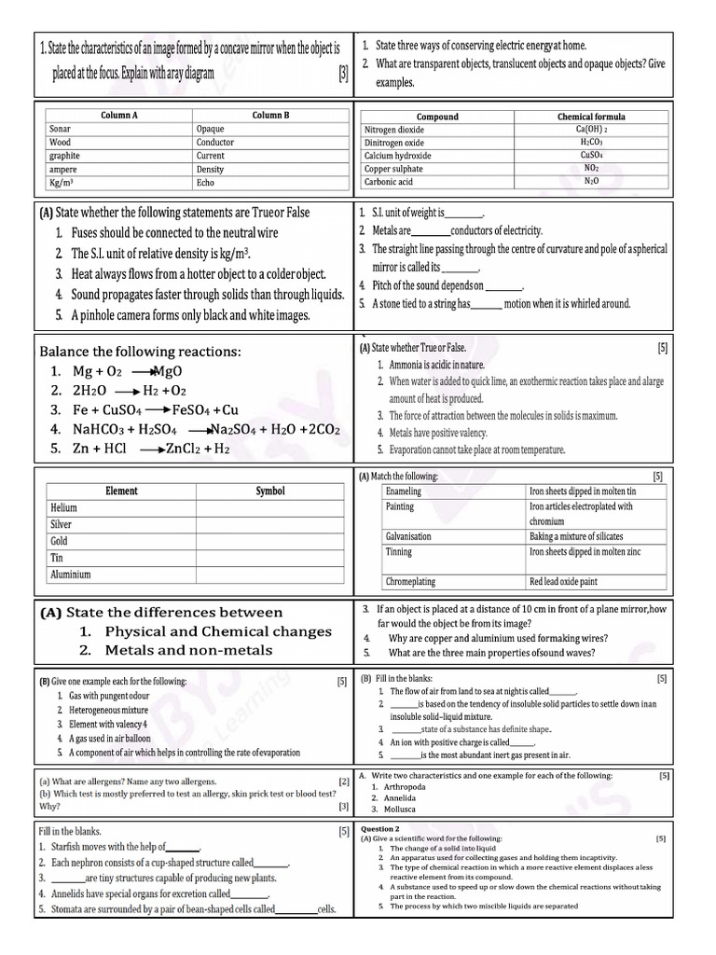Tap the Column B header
(x=270, y=115)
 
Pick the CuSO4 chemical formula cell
(x=591, y=155)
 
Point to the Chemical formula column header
(x=591, y=117)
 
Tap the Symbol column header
(x=270, y=491)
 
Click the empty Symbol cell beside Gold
(x=270, y=541)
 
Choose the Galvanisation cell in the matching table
(x=408, y=536)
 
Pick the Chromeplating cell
(x=410, y=581)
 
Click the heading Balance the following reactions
(x=140, y=352)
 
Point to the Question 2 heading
(x=379, y=828)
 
